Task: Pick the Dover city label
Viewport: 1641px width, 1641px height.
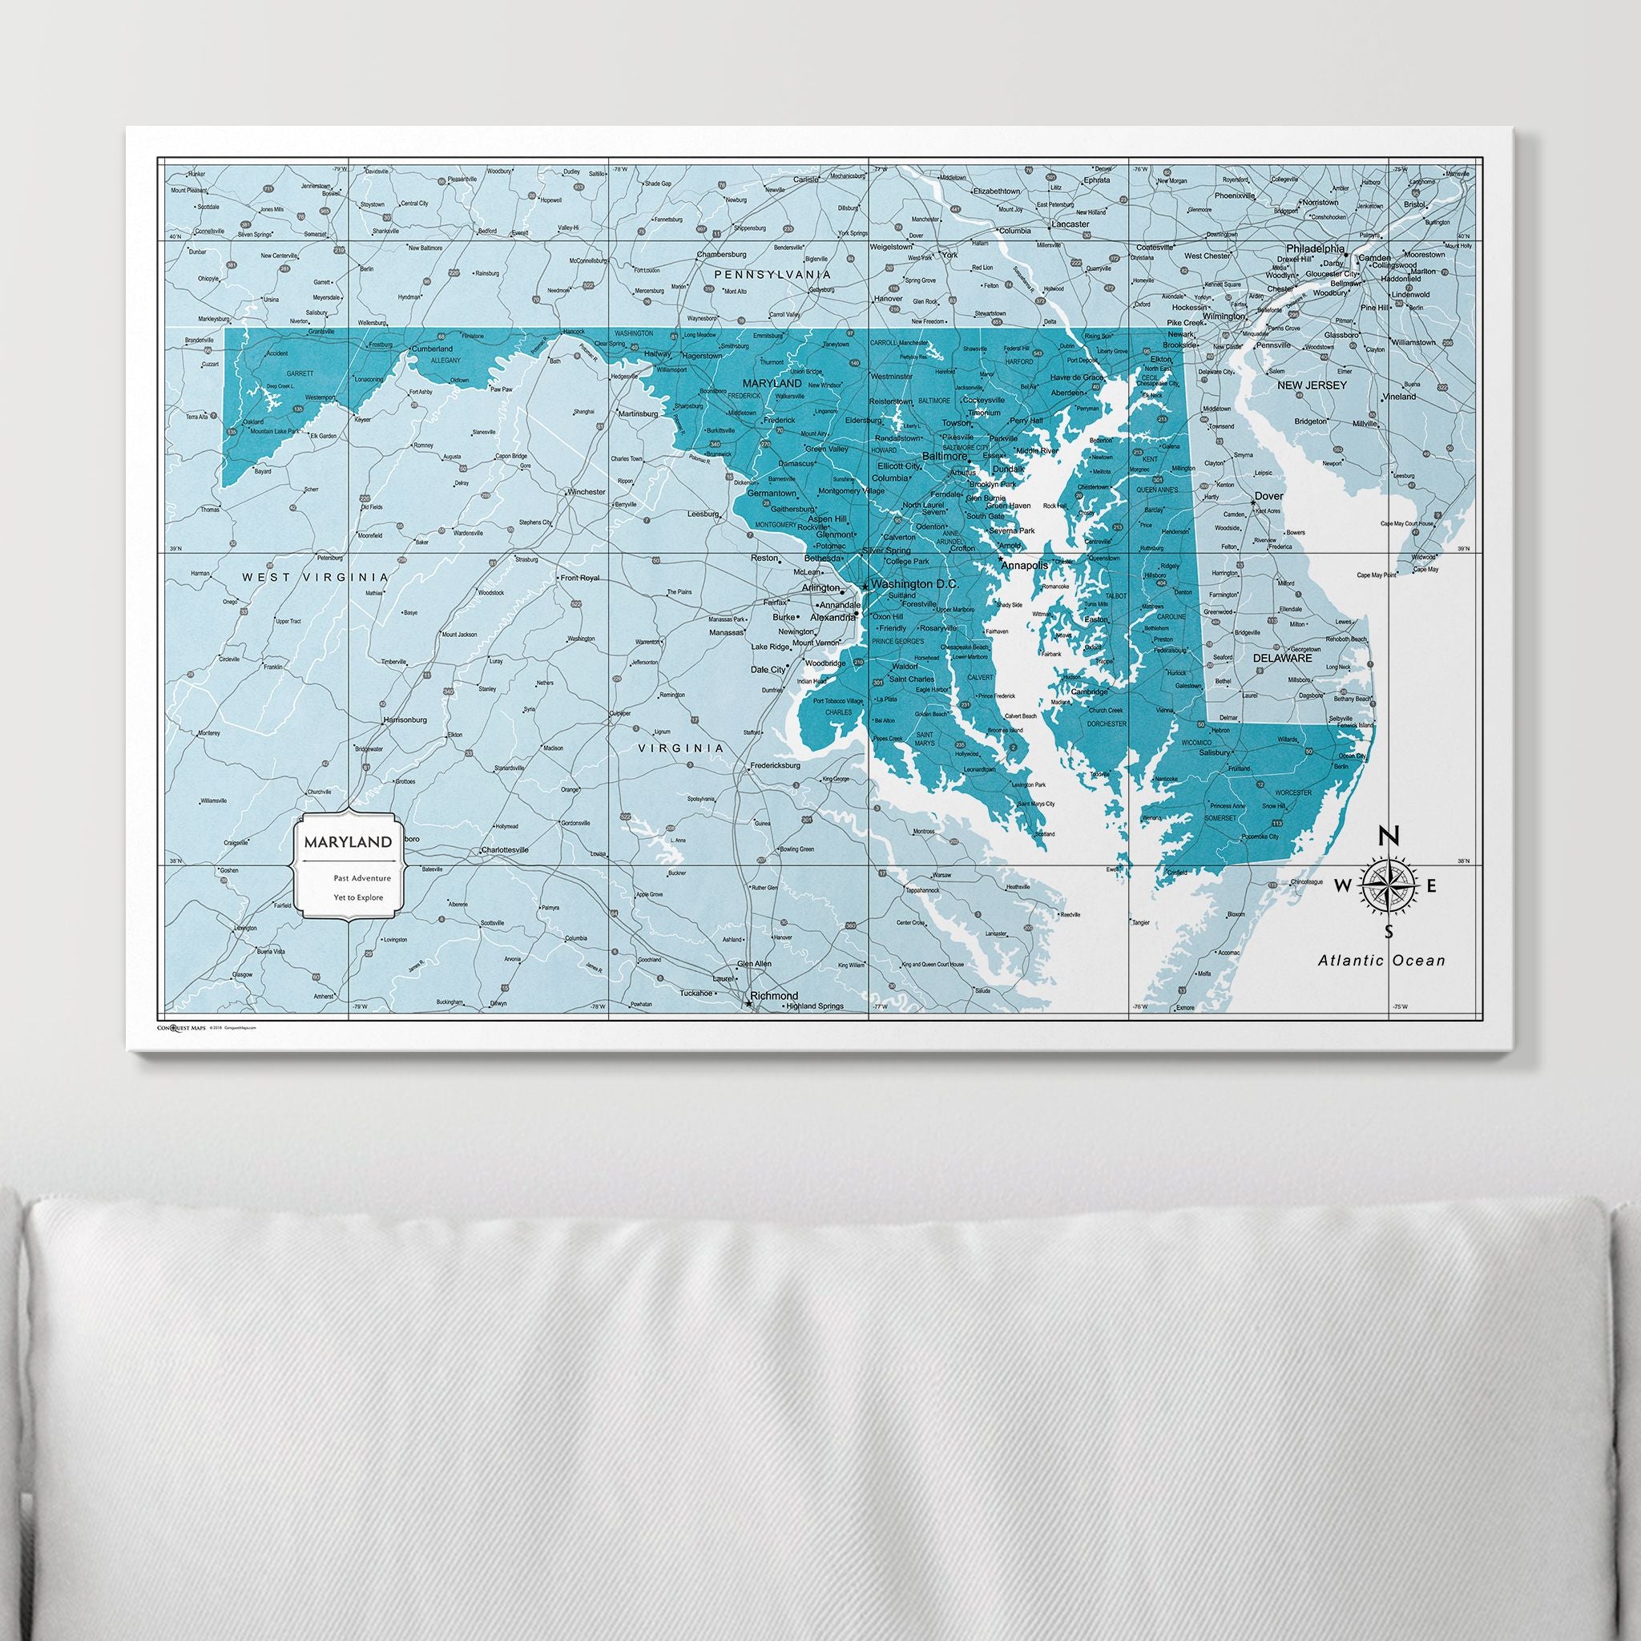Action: [x=1269, y=496]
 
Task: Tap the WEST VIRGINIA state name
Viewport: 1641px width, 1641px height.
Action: [x=315, y=577]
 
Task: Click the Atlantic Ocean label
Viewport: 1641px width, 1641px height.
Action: [x=1381, y=961]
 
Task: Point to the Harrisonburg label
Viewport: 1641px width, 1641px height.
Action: [x=405, y=720]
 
